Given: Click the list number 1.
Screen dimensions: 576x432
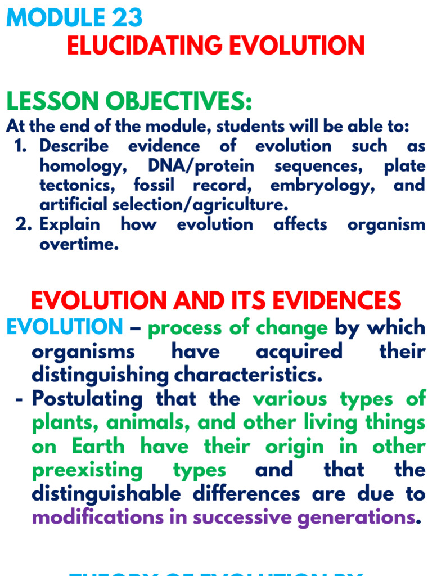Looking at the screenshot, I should pos(20,146).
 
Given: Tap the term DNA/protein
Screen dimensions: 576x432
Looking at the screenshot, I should pos(201,166).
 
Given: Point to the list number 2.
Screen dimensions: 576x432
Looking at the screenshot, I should pos(21,225).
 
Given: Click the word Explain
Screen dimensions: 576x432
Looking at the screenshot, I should pos(70,225).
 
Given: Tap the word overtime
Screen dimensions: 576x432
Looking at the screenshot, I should pos(79,245).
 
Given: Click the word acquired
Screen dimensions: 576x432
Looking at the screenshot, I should pos(299,351).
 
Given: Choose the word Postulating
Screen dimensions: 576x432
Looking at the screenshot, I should pos(87,399).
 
